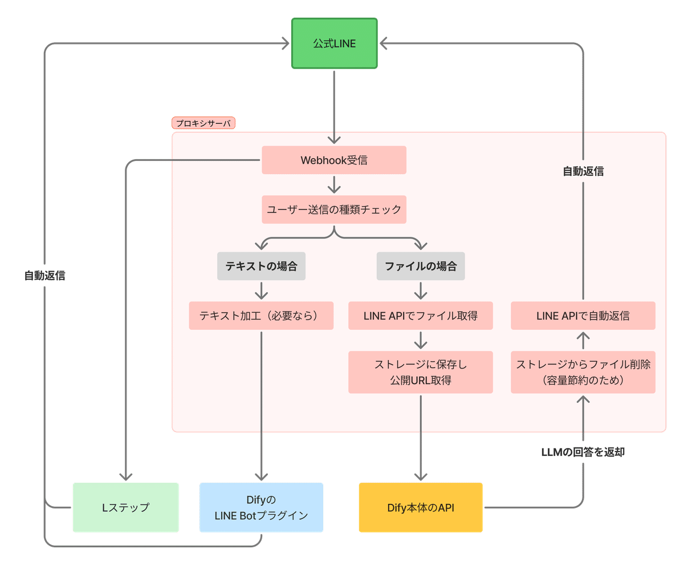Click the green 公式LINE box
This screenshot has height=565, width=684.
pos(334,43)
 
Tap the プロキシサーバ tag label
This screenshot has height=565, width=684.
pos(203,123)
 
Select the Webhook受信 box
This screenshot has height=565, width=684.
pos(334,160)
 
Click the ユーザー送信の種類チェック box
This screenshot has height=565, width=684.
pos(334,209)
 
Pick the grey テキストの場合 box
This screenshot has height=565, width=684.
pos(261,266)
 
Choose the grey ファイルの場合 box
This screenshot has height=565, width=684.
pos(421,266)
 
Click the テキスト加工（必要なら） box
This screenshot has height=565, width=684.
pos(261,316)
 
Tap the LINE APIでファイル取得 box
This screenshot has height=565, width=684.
pos(421,316)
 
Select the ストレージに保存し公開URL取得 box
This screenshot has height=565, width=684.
pos(421,372)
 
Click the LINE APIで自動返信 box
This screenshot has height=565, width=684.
pos(583,316)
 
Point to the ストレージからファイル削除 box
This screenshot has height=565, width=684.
pos(583,372)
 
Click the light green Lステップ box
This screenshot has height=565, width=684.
pos(125,507)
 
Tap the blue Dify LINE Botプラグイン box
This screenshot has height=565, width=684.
pos(261,507)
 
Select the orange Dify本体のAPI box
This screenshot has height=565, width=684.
pos(421,507)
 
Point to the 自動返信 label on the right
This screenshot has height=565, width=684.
pos(583,171)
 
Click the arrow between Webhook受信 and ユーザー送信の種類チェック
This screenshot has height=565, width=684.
pos(334,184)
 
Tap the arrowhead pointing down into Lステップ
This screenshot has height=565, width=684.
pos(126,475)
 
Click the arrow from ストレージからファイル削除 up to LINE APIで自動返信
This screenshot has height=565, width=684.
pos(583,341)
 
